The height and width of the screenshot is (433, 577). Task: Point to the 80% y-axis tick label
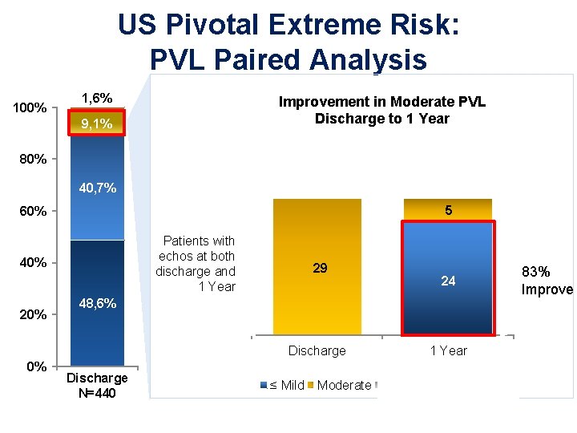tap(33, 159)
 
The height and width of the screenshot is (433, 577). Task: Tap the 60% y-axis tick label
tap(33, 212)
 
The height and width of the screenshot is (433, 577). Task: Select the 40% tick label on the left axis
tap(33, 263)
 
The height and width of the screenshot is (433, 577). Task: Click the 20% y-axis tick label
tap(33, 315)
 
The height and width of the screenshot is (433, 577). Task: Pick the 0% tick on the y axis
tap(36, 366)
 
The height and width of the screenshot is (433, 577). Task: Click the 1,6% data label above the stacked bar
tap(97, 99)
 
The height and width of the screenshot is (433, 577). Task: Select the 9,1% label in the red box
tap(97, 124)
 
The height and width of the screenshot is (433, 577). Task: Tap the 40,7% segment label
tap(97, 189)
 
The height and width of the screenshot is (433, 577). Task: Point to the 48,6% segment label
tap(97, 304)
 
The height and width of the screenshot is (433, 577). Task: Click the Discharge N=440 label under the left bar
tap(97, 385)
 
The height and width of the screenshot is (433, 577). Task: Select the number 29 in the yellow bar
tap(320, 268)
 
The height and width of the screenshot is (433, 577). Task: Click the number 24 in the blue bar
tap(448, 281)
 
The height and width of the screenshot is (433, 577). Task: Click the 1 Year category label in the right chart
tap(448, 350)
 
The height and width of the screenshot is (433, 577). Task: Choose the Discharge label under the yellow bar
tap(317, 350)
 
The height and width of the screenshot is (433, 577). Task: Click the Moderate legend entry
tap(340, 385)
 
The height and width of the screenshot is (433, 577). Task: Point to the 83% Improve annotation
tap(547, 281)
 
